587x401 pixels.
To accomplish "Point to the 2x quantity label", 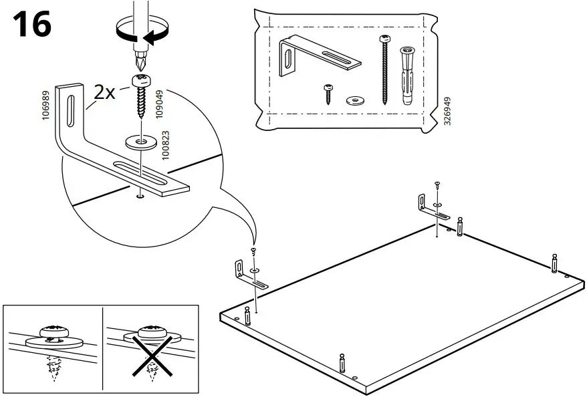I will (x=105, y=92).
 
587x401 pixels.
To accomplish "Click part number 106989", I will (x=46, y=106).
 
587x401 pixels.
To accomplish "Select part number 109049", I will (x=159, y=105).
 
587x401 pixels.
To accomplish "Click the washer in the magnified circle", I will (x=141, y=142).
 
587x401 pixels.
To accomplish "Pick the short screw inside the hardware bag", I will (x=329, y=93).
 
